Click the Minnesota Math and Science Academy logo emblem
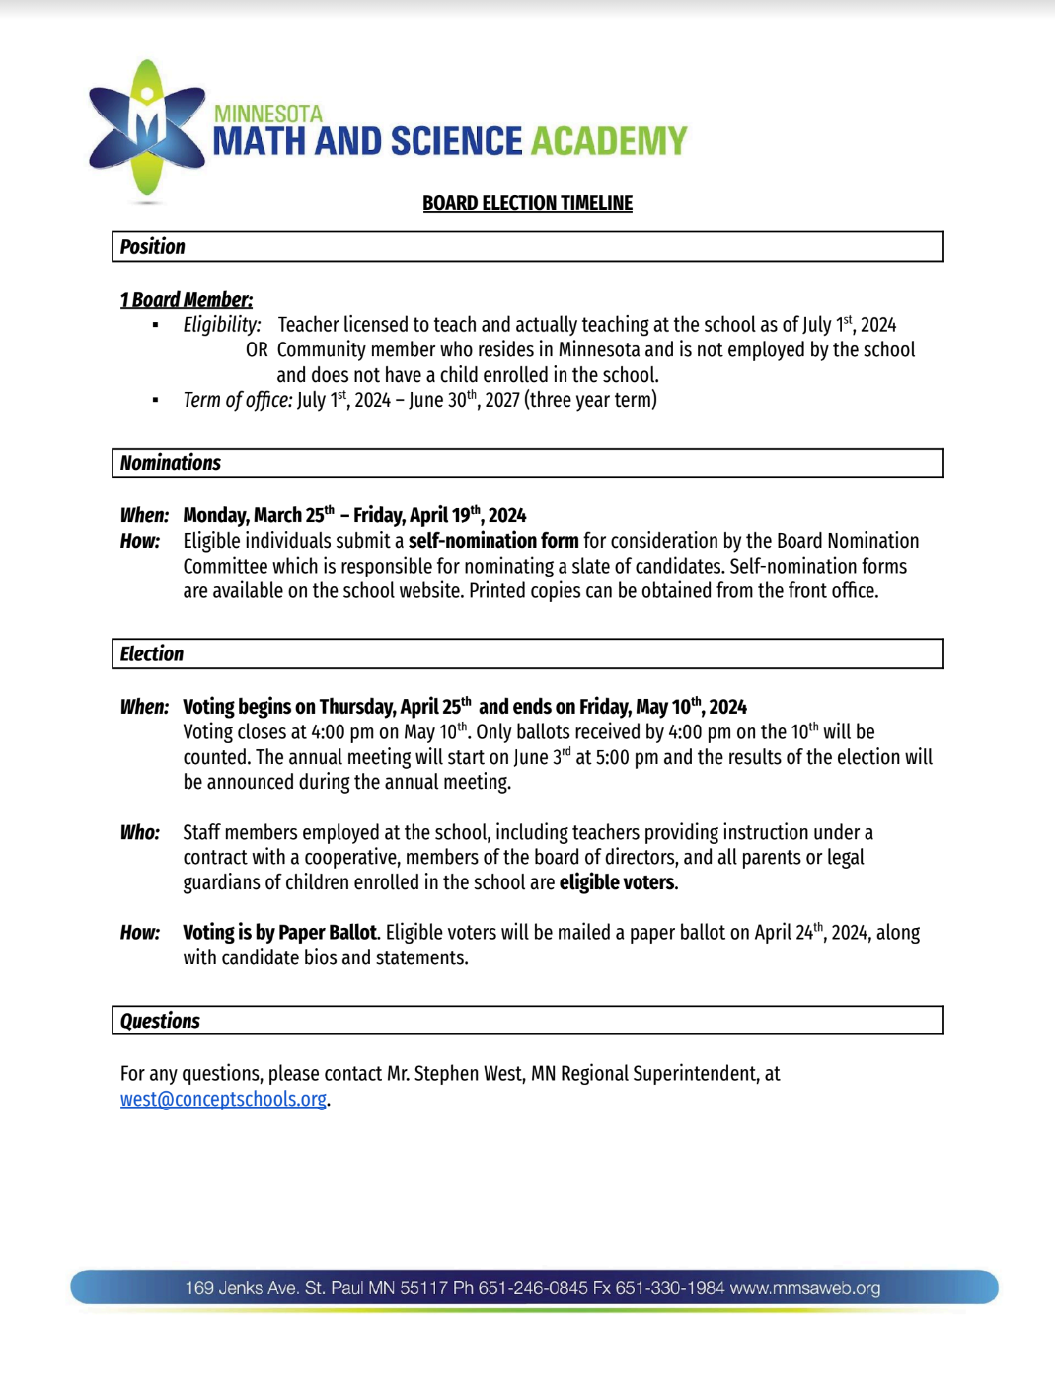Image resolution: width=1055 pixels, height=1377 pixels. pos(146,128)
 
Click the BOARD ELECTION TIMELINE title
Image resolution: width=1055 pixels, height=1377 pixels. pos(527,203)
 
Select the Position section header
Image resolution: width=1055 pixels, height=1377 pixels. pos(152,247)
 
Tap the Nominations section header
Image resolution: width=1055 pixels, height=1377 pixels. pos(170,463)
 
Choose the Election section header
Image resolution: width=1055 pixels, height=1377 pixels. pos(151,653)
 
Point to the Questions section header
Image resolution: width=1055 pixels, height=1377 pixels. pos(160,1021)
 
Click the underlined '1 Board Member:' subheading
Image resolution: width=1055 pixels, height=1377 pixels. pos(187,300)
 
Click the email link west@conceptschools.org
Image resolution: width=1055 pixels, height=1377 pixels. pos(223,1099)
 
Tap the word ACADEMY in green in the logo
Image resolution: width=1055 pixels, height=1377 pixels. pos(608,141)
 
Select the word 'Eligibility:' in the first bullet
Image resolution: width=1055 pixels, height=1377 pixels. pos(222,325)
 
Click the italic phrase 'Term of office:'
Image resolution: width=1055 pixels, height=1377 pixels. pos(237,400)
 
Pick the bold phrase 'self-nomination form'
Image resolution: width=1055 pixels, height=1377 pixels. pos(493,541)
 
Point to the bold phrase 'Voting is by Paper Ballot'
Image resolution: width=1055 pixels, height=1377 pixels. pos(279,933)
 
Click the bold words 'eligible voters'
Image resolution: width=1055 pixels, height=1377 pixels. pos(617,882)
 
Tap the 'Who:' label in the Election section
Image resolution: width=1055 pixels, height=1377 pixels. pos(139,832)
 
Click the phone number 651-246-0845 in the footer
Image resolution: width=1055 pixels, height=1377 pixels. pos(533,1288)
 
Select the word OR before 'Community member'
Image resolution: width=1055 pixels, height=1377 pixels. pos(257,350)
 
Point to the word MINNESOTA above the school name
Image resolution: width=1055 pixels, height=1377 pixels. pos(268,115)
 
